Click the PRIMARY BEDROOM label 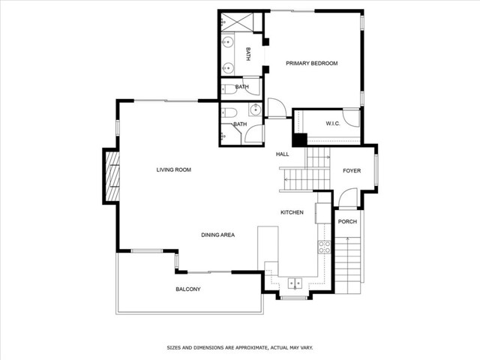coord(312,63)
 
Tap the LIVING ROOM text coord(173,169)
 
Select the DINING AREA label coord(218,235)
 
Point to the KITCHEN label coord(292,212)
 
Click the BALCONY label coord(188,289)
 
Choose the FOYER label coord(352,170)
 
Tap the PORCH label coord(347,221)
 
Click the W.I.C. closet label coord(333,124)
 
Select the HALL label coord(282,154)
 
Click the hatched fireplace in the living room coord(112,175)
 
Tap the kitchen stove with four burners coord(325,247)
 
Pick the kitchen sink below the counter coord(295,283)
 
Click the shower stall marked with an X coord(237,22)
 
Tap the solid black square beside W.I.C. coord(300,140)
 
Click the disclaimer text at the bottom coord(240,348)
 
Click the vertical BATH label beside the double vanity coord(248,54)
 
